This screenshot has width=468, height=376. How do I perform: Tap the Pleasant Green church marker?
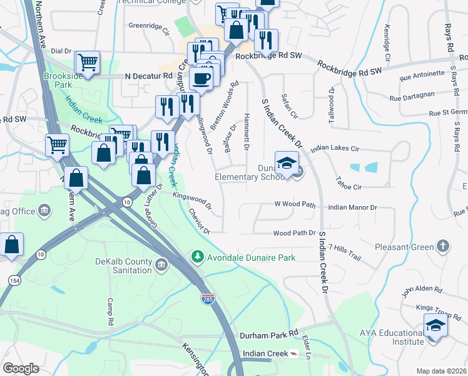pos(442,246)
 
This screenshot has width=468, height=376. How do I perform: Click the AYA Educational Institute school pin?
pos(435,326)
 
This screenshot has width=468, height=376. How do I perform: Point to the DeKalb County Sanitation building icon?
pos(161,266)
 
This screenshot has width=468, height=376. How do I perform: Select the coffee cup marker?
pos(201,78)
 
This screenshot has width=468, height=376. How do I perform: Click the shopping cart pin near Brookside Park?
pos(88,62)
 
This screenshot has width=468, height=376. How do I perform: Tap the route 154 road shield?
pos(14,280)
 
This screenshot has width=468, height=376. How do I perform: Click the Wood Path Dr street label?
pos(294,233)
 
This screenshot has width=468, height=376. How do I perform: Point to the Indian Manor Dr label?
pos(352,207)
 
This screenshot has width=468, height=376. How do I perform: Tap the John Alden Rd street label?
pos(422,291)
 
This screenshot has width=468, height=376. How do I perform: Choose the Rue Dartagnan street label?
pos(411,98)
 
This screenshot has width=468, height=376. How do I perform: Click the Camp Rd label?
pos(109,312)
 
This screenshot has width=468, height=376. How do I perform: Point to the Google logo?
pos(21,368)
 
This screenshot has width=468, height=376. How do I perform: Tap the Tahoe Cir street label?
pos(349,187)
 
